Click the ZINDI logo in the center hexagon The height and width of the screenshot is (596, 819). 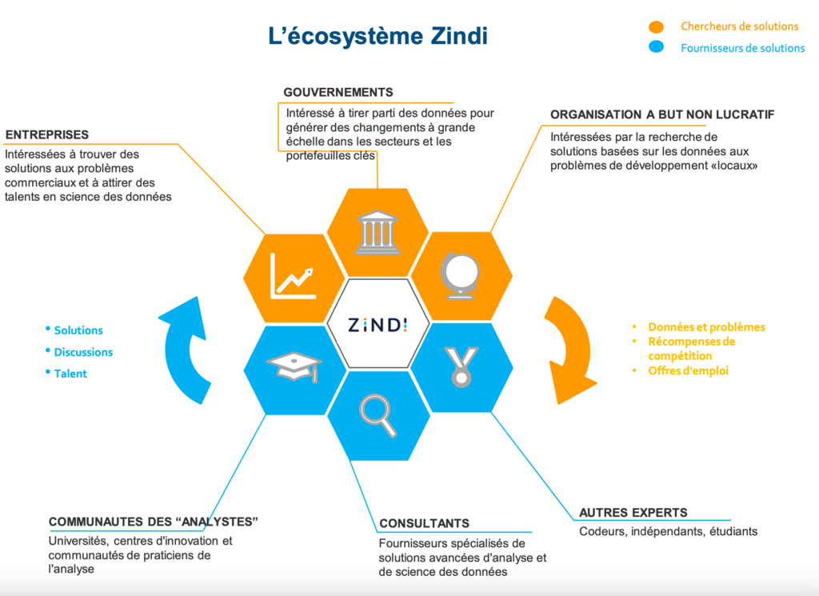[x=378, y=325]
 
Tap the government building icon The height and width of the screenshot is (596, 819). [x=378, y=233]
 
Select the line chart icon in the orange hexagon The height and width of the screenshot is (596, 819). [x=293, y=276]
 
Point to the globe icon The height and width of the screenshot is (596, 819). [x=460, y=276]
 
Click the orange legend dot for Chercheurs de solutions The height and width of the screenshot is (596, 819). [x=656, y=26]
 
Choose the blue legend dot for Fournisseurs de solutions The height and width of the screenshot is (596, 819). [x=656, y=47]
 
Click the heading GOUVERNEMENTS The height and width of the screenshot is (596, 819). [x=338, y=93]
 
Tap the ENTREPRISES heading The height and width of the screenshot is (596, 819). [x=47, y=134]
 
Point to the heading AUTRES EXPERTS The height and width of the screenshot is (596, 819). [x=633, y=513]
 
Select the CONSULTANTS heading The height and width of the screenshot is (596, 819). [x=424, y=523]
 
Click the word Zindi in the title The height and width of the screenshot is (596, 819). [x=459, y=36]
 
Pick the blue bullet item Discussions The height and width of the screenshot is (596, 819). [x=83, y=352]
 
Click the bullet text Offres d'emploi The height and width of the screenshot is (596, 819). [x=688, y=371]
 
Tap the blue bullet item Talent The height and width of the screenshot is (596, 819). [x=70, y=374]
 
